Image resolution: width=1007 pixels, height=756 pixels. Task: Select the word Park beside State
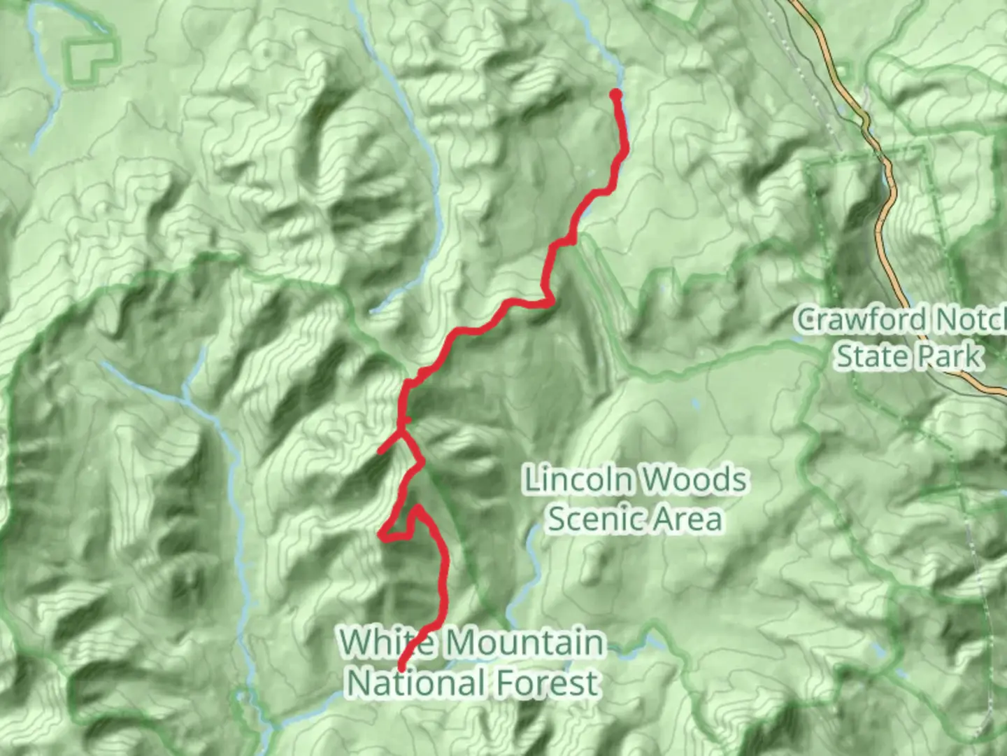[x=949, y=356]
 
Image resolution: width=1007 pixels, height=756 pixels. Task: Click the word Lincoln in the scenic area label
[x=578, y=480]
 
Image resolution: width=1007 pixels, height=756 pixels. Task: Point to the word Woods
[x=693, y=480]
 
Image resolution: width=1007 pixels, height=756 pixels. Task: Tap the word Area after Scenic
[x=686, y=519]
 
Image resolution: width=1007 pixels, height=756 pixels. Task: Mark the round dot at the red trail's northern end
[x=615, y=94]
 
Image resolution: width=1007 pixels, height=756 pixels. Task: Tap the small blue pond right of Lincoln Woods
[x=695, y=405]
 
